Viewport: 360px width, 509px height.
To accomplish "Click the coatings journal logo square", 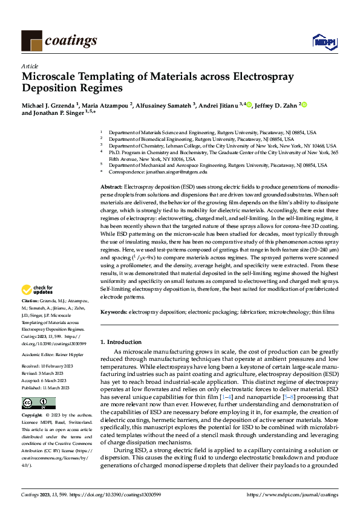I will coord(31,41).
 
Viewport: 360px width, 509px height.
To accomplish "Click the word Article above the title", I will coord(30,66).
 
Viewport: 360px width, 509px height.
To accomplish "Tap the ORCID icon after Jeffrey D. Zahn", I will coord(304,105).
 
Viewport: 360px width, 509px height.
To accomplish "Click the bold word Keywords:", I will coord(114,312).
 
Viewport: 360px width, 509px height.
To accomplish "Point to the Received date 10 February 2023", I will coord(56,366).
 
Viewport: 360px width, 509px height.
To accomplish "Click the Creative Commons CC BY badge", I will coord(30,403).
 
